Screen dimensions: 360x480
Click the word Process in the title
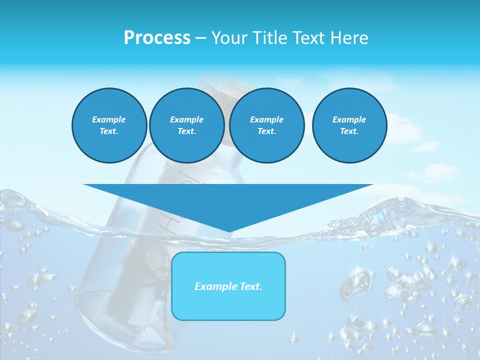pyautogui.click(x=157, y=38)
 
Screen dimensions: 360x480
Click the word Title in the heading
pyautogui.click(x=269, y=38)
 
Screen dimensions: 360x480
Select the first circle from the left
pyautogui.click(x=109, y=125)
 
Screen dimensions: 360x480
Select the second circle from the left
pyautogui.click(x=187, y=125)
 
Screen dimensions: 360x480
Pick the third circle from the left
pyautogui.click(x=267, y=125)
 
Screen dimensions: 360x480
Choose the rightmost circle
pyautogui.click(x=349, y=125)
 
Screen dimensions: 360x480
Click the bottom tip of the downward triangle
pyautogui.click(x=229, y=231)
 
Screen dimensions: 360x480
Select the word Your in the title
pyautogui.click(x=229, y=38)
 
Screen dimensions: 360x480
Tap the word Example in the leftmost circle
pyautogui.click(x=109, y=119)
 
